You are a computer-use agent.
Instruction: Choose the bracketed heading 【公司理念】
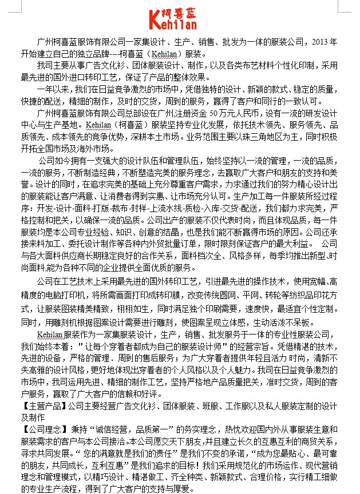click(x=44, y=428)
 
